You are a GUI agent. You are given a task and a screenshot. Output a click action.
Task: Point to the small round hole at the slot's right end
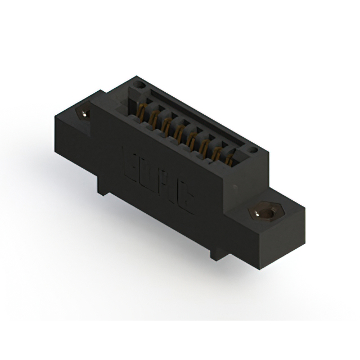253,150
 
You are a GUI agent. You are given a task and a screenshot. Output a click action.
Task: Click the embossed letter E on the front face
129,159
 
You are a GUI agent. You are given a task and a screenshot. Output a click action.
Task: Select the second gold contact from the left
152,118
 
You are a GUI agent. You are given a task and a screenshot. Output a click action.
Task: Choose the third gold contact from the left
166,125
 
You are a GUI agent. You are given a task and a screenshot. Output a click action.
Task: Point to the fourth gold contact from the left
179,132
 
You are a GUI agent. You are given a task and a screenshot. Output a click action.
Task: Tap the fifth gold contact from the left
192,139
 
